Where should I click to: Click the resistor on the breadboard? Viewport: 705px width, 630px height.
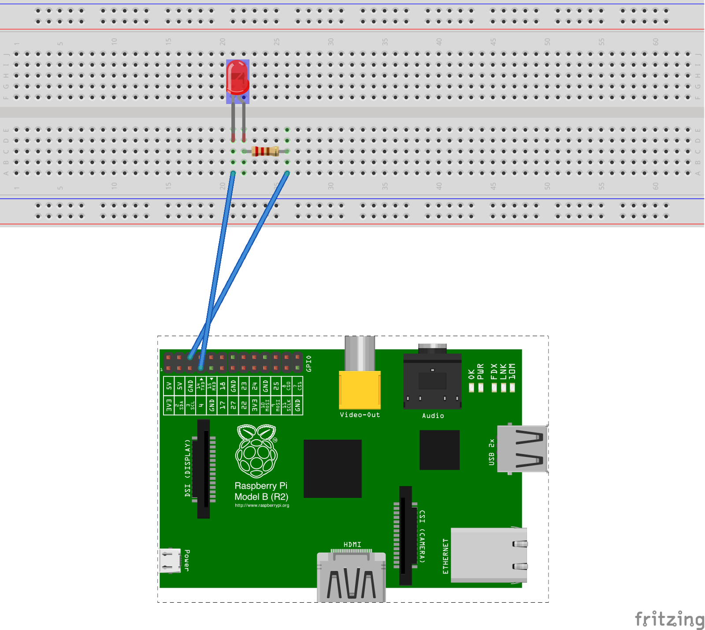coord(265,152)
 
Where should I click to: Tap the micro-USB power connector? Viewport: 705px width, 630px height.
coord(170,560)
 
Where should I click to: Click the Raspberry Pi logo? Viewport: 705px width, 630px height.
coord(257,451)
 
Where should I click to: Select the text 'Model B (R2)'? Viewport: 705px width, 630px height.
coord(261,497)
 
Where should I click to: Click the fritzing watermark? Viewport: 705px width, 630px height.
coord(669,619)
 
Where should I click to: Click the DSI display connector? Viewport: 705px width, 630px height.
coord(204,469)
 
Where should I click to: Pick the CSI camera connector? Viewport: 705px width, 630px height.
coord(405,535)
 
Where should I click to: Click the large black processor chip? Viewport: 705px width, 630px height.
coord(333,468)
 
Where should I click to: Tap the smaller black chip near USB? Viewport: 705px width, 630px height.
coord(439,450)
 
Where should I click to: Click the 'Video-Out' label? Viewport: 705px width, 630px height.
coord(360,415)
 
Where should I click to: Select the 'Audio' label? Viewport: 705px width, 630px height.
coord(433,416)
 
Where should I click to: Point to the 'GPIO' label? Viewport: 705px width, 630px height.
coord(309,363)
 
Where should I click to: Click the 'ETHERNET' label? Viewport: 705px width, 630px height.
coord(445,556)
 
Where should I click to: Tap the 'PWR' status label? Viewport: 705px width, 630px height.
coord(481,371)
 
